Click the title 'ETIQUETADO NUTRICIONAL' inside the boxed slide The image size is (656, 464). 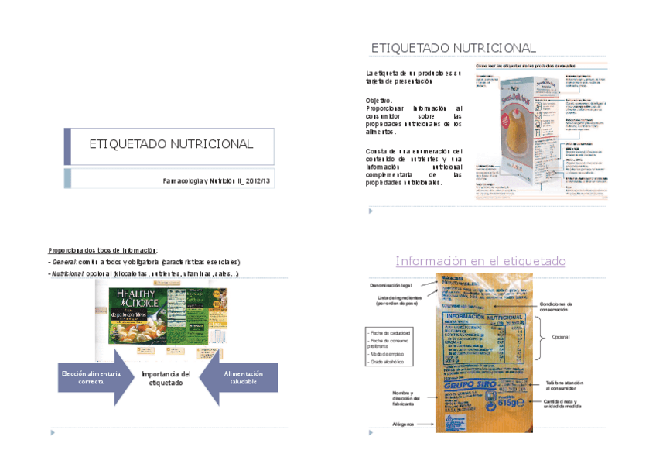click(x=171, y=144)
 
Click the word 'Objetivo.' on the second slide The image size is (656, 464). click(x=379, y=101)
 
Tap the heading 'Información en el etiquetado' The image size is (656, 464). click(x=480, y=261)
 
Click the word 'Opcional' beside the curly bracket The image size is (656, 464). click(x=560, y=337)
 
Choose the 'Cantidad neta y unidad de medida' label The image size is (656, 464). click(x=569, y=404)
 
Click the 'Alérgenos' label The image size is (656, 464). click(x=403, y=424)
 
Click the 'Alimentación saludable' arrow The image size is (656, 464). click(x=243, y=377)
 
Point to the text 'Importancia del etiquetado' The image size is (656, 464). click(x=166, y=378)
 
